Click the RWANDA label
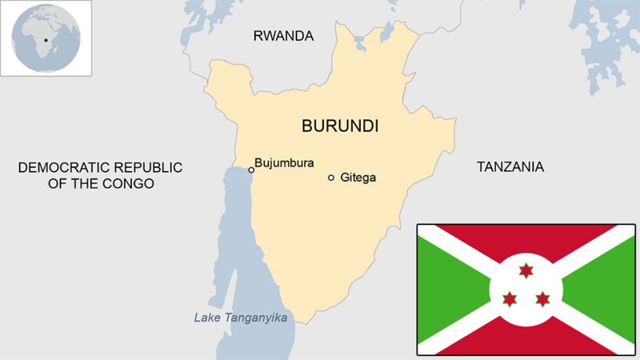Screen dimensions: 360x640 (283, 36)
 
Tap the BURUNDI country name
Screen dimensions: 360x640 (339, 126)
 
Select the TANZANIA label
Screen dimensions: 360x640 (510, 167)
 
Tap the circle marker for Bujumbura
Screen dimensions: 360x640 (251, 170)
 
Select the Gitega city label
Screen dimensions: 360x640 (358, 178)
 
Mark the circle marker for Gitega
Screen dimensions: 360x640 (331, 178)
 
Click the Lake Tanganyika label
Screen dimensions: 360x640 (240, 318)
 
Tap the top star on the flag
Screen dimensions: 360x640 (526, 271)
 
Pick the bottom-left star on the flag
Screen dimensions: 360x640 (509, 299)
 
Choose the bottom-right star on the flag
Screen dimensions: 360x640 (542, 299)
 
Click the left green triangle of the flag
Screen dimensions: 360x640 (448, 290)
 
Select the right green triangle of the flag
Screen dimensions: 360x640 (604, 290)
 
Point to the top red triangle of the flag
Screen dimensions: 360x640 (526, 240)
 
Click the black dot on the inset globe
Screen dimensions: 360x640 (46, 39)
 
